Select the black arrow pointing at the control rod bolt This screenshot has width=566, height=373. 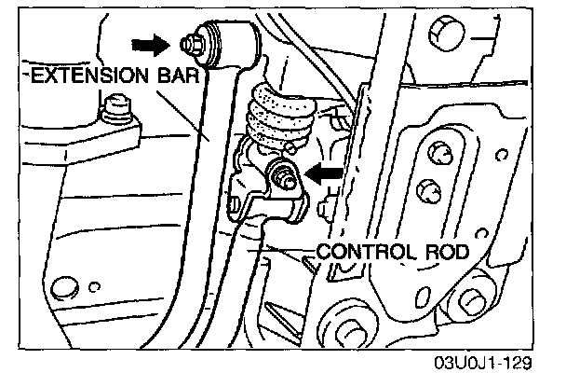click(x=325, y=172)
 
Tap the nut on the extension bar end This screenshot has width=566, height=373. click(x=191, y=43)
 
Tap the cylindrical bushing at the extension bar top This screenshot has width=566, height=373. click(x=229, y=43)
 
